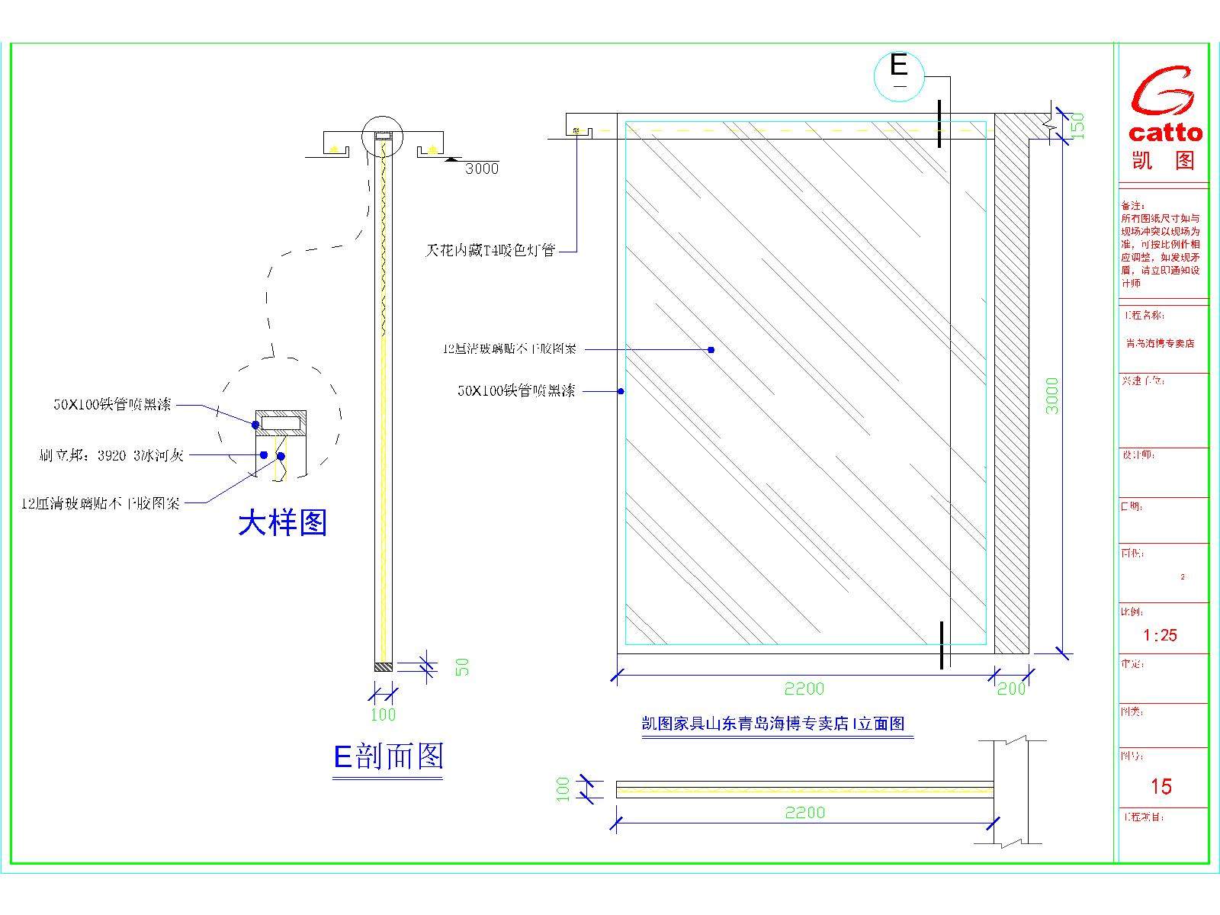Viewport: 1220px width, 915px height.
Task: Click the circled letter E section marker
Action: point(899,67)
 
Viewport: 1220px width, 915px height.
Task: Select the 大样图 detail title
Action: point(283,523)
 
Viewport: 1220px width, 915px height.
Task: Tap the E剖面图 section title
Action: point(388,756)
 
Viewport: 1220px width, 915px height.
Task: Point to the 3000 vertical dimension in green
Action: point(1052,395)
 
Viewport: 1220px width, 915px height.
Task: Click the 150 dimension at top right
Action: point(1077,126)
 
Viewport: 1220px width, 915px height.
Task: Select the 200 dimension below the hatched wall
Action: point(1011,689)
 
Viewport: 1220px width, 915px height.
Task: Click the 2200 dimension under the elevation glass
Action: point(804,689)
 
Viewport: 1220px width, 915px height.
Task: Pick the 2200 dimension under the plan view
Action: point(804,813)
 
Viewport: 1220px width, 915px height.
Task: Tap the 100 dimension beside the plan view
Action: point(563,788)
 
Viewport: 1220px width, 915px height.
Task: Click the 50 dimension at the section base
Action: point(462,667)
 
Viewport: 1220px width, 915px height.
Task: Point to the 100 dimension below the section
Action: point(383,714)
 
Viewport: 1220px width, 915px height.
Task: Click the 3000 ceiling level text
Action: point(482,169)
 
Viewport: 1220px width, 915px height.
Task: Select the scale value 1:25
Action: point(1160,635)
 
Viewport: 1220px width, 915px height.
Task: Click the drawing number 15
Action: point(1161,786)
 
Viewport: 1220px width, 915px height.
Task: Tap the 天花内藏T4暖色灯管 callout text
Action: point(490,250)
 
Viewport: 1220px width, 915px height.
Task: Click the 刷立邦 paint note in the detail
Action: point(111,456)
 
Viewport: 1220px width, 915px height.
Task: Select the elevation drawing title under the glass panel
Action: point(772,724)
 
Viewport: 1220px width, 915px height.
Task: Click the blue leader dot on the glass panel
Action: point(711,350)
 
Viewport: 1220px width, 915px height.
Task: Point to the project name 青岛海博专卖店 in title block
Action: point(1160,343)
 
